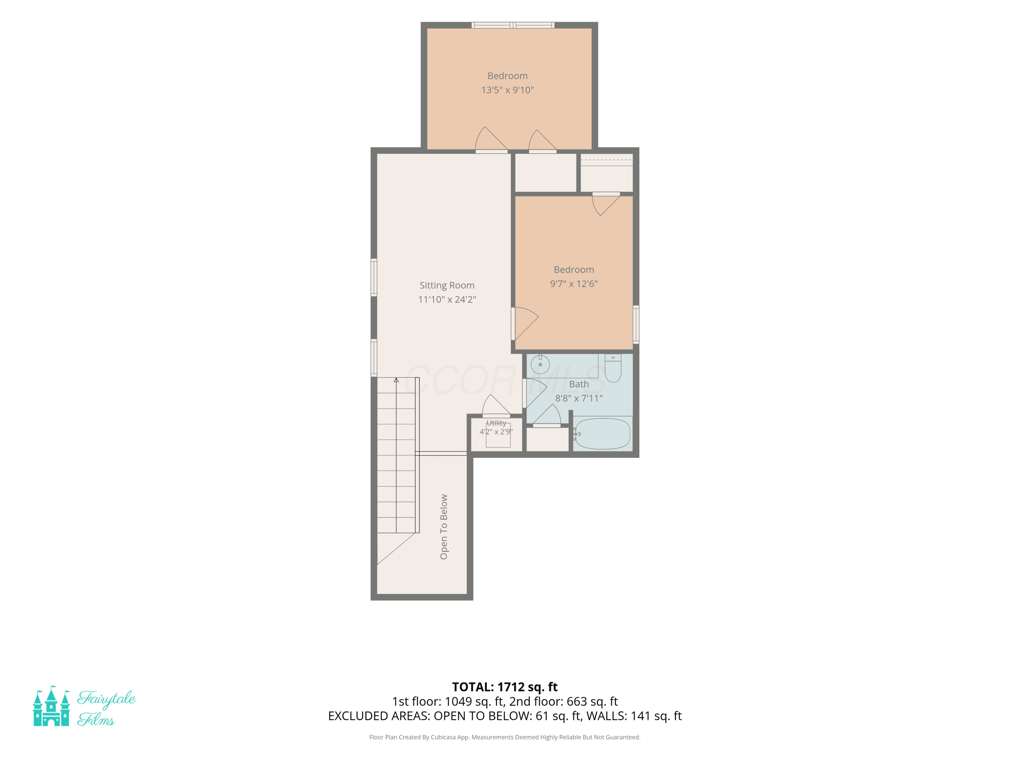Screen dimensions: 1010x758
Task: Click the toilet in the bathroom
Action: click(x=613, y=368)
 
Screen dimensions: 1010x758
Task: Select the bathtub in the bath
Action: click(x=602, y=434)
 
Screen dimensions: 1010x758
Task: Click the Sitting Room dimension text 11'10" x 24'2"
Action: click(x=447, y=299)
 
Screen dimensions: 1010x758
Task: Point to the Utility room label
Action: click(x=496, y=423)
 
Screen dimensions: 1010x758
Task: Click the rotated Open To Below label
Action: click(x=443, y=527)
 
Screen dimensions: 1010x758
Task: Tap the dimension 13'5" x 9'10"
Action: click(x=507, y=90)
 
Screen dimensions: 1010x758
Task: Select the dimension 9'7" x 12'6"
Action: click(x=573, y=284)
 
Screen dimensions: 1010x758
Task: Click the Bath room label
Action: click(x=579, y=384)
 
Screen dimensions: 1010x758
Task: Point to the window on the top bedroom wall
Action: click(x=513, y=25)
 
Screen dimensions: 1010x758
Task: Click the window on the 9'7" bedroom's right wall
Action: click(x=636, y=324)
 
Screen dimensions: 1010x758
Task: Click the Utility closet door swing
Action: click(x=496, y=406)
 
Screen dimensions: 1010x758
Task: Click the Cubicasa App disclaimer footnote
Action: click(x=505, y=737)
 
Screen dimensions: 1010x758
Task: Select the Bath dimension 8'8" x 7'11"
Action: click(x=579, y=399)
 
